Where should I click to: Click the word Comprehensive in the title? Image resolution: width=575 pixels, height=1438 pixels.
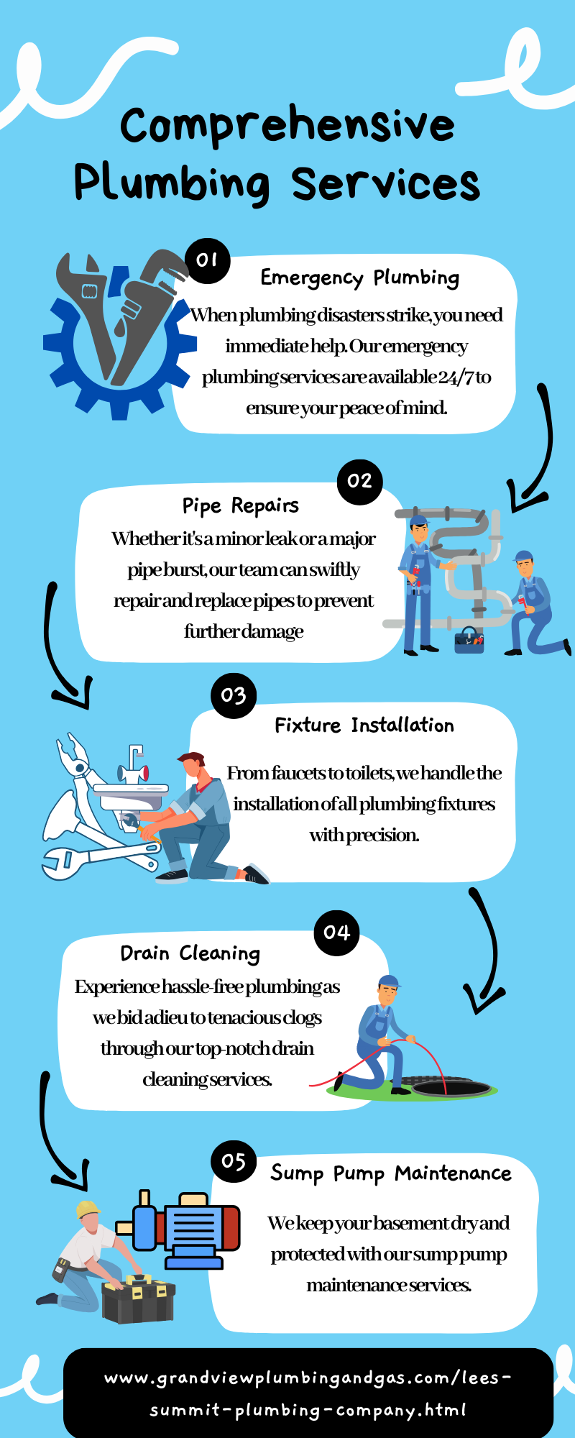pos(287,126)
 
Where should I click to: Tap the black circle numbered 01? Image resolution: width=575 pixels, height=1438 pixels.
pos(207,260)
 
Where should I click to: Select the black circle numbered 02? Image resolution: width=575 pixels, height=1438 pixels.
pos(359,482)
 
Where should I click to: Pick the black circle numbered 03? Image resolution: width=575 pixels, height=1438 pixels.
pos(234,695)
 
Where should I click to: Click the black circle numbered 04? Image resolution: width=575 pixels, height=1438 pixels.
pos(336,933)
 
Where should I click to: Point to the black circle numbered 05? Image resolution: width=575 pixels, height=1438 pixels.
pos(234,1161)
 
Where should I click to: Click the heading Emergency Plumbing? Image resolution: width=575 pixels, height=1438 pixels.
pos(359,278)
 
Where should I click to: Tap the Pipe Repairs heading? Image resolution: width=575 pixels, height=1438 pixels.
pos(240,506)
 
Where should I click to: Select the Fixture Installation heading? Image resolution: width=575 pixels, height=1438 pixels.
pos(364,725)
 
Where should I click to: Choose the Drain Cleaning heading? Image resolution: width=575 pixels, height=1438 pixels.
pos(190,953)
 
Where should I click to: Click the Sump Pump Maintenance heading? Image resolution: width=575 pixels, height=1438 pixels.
pos(391,1173)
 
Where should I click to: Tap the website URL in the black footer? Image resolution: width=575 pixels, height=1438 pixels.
pos(308,1394)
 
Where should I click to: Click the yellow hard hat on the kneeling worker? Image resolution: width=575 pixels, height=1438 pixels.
pos(88,1208)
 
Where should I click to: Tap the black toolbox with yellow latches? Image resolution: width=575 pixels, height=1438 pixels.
pos(139,1299)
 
